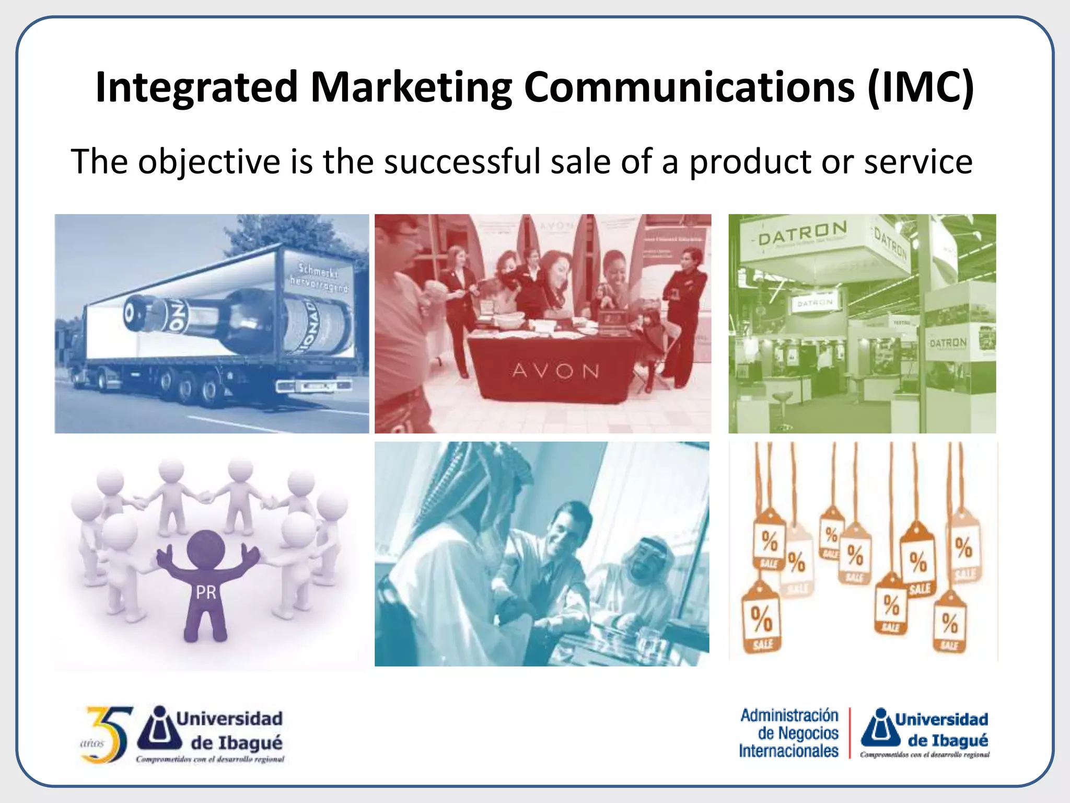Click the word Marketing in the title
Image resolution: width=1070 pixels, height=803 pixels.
(411, 87)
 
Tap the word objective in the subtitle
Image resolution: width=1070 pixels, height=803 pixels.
(209, 162)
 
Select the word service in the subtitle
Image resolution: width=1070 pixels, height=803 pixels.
(918, 162)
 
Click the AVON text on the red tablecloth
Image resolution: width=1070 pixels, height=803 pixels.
(555, 371)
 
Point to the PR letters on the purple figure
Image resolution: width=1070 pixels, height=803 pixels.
(206, 592)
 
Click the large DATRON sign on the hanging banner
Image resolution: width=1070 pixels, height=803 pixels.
(802, 233)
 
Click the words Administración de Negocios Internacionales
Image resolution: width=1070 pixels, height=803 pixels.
(789, 733)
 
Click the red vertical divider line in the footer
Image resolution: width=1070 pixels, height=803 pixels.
(850, 733)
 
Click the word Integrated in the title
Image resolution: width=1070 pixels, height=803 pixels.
(197, 87)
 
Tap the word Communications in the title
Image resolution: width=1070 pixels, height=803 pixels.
(689, 87)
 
